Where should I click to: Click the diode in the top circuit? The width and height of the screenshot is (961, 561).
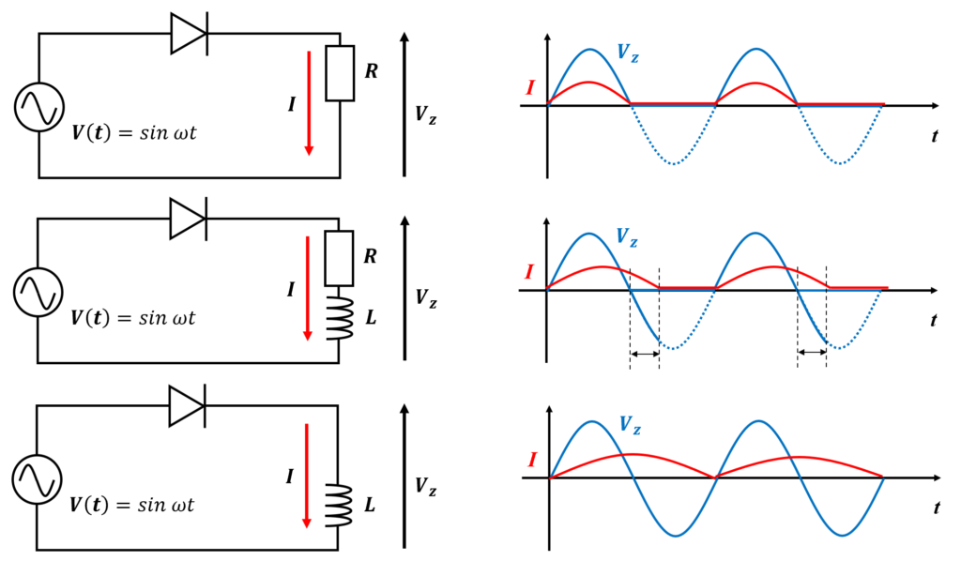(x=189, y=34)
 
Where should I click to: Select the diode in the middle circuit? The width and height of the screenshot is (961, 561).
(x=188, y=219)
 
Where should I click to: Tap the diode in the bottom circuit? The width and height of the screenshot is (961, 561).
(x=187, y=405)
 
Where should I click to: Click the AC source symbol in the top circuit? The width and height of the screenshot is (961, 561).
(x=39, y=107)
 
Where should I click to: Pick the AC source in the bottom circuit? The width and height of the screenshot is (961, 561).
(x=37, y=479)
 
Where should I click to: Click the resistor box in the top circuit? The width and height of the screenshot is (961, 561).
(x=340, y=73)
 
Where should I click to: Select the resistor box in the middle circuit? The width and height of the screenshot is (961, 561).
(x=339, y=258)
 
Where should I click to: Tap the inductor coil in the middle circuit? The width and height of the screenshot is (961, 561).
(x=340, y=318)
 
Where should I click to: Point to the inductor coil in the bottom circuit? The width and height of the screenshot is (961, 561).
(x=339, y=506)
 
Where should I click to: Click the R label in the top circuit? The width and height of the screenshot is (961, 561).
(x=372, y=71)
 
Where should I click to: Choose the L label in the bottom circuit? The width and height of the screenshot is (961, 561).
(x=370, y=506)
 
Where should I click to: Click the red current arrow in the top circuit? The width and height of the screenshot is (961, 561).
(x=309, y=103)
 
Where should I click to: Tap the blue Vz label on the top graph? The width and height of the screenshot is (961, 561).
(x=628, y=53)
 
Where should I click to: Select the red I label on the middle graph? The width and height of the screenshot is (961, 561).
(x=529, y=271)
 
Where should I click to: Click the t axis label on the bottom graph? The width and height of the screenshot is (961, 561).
(x=937, y=508)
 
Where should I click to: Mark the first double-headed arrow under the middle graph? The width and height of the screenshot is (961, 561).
(x=645, y=354)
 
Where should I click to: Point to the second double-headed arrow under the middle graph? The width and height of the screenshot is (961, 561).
(x=812, y=352)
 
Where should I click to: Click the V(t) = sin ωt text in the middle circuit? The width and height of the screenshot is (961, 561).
(x=132, y=318)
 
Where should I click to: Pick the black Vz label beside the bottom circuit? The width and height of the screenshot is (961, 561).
(x=426, y=486)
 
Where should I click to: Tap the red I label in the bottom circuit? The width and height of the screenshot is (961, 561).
(x=289, y=476)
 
